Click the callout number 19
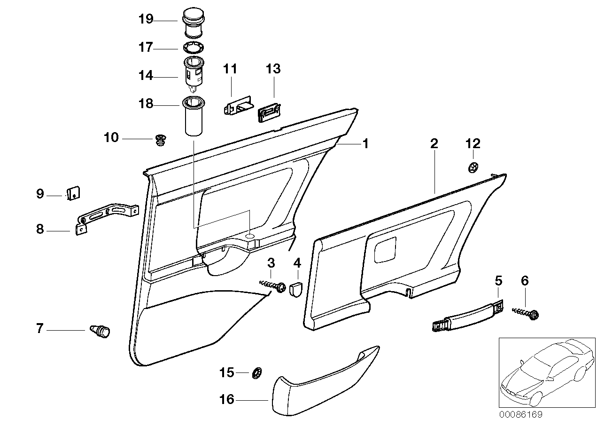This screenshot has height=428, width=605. point(146,19)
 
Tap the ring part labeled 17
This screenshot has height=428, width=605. point(193,48)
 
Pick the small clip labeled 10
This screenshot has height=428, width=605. point(161,139)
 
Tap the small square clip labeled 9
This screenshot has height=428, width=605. point(72,193)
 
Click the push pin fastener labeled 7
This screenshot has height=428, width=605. point(99,330)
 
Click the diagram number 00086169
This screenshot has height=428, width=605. point(520,415)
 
